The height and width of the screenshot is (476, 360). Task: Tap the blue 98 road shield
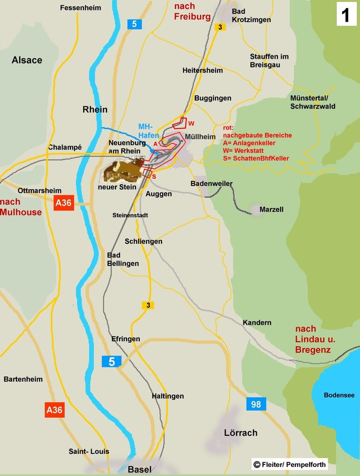tap(256, 405)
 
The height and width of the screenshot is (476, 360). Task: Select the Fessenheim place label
tap(81, 8)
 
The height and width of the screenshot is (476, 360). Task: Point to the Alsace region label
tap(27, 60)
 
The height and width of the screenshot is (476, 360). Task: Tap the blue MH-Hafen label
tap(146, 131)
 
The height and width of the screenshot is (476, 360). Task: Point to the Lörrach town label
tap(240, 433)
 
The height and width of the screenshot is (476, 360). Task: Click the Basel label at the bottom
tap(140, 469)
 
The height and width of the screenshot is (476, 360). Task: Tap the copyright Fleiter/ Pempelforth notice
tap(290, 464)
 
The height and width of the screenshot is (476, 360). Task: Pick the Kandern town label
tap(257, 323)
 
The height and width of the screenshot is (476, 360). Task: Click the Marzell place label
tap(272, 209)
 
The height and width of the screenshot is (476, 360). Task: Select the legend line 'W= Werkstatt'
tap(246, 150)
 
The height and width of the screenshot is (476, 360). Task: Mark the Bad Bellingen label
tap(123, 259)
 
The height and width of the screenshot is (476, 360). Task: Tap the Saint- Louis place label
tap(89, 451)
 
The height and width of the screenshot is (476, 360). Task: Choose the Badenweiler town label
tap(212, 184)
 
